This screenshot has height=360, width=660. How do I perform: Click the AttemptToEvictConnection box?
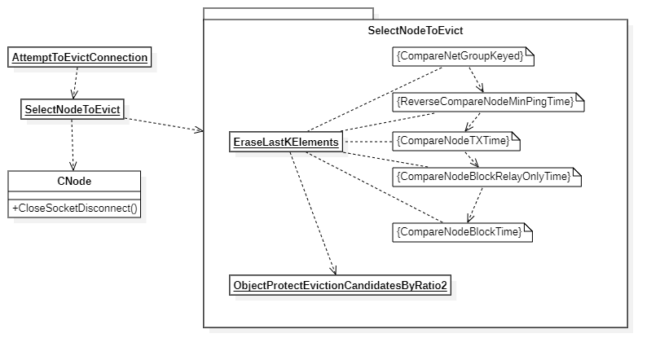[80, 58]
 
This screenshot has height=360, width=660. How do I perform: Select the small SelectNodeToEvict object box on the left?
[73, 109]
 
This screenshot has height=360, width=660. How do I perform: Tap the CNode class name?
[74, 181]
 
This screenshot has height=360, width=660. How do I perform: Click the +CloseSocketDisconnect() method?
[74, 209]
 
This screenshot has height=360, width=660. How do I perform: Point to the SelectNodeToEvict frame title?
[416, 31]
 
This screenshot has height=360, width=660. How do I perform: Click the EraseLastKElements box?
[286, 143]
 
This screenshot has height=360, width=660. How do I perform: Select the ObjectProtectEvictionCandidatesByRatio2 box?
[340, 286]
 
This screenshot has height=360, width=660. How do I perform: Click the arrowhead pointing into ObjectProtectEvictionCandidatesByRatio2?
[333, 270]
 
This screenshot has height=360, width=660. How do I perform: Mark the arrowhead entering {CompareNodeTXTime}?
[468, 128]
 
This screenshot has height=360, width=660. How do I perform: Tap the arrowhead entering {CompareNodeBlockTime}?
[468, 219]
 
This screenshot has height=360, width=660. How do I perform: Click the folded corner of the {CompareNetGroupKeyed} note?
[529, 52]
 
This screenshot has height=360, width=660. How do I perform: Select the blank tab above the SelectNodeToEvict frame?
[288, 14]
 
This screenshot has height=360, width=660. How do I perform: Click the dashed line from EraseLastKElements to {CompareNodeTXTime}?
[367, 142]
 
